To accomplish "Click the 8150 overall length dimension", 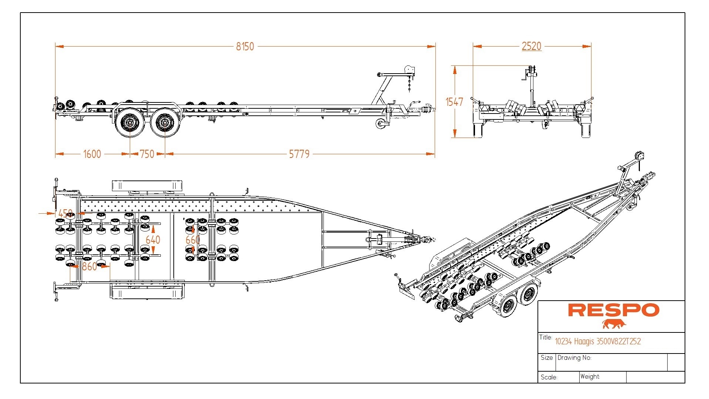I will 245,47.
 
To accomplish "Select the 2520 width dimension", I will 531,46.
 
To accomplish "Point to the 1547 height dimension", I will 454,102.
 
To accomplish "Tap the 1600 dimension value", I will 92,154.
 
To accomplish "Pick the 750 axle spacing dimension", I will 147,154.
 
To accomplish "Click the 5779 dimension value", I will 299,154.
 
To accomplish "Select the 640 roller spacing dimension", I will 153,240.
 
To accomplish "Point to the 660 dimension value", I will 192,240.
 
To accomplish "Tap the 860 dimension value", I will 89,266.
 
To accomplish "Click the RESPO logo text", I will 613,310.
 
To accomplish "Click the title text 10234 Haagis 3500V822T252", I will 598,341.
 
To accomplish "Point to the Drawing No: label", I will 574,358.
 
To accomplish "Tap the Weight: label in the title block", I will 590,376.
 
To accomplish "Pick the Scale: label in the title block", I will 549,377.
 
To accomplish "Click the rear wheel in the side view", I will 130,121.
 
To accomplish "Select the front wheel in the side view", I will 165,121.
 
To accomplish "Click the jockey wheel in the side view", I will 381,124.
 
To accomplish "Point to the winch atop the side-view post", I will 409,70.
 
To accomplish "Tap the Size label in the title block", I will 546,358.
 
